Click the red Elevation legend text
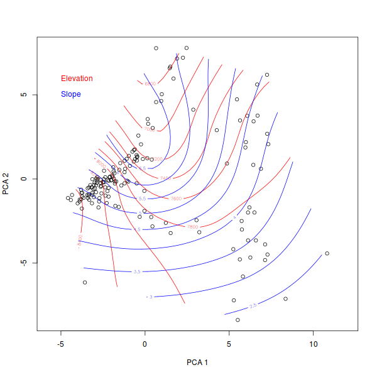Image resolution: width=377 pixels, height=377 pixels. click(x=77, y=79)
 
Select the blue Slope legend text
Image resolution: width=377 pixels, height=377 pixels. click(x=70, y=94)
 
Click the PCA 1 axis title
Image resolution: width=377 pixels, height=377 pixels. click(x=197, y=363)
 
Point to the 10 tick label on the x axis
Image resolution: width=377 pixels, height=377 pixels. click(x=313, y=344)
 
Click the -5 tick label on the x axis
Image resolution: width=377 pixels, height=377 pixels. click(x=61, y=344)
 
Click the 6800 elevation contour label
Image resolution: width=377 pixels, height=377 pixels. click(x=150, y=84)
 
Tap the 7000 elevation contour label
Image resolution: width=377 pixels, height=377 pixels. click(x=149, y=129)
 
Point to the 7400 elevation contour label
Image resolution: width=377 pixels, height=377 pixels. click(x=165, y=178)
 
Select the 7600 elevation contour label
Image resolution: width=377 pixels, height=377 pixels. click(x=176, y=199)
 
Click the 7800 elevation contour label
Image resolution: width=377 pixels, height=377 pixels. click(x=192, y=226)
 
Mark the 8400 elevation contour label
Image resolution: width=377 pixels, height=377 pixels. click(x=80, y=241)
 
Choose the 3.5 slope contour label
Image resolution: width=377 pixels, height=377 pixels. click(x=137, y=272)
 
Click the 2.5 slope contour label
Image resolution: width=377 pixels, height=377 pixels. click(x=253, y=306)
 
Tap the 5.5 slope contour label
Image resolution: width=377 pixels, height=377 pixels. click(x=142, y=199)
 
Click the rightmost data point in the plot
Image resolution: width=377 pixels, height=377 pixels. click(x=327, y=253)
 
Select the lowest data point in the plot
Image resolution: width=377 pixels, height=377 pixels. click(x=238, y=320)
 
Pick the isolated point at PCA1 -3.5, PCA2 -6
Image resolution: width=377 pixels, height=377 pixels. click(x=85, y=283)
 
